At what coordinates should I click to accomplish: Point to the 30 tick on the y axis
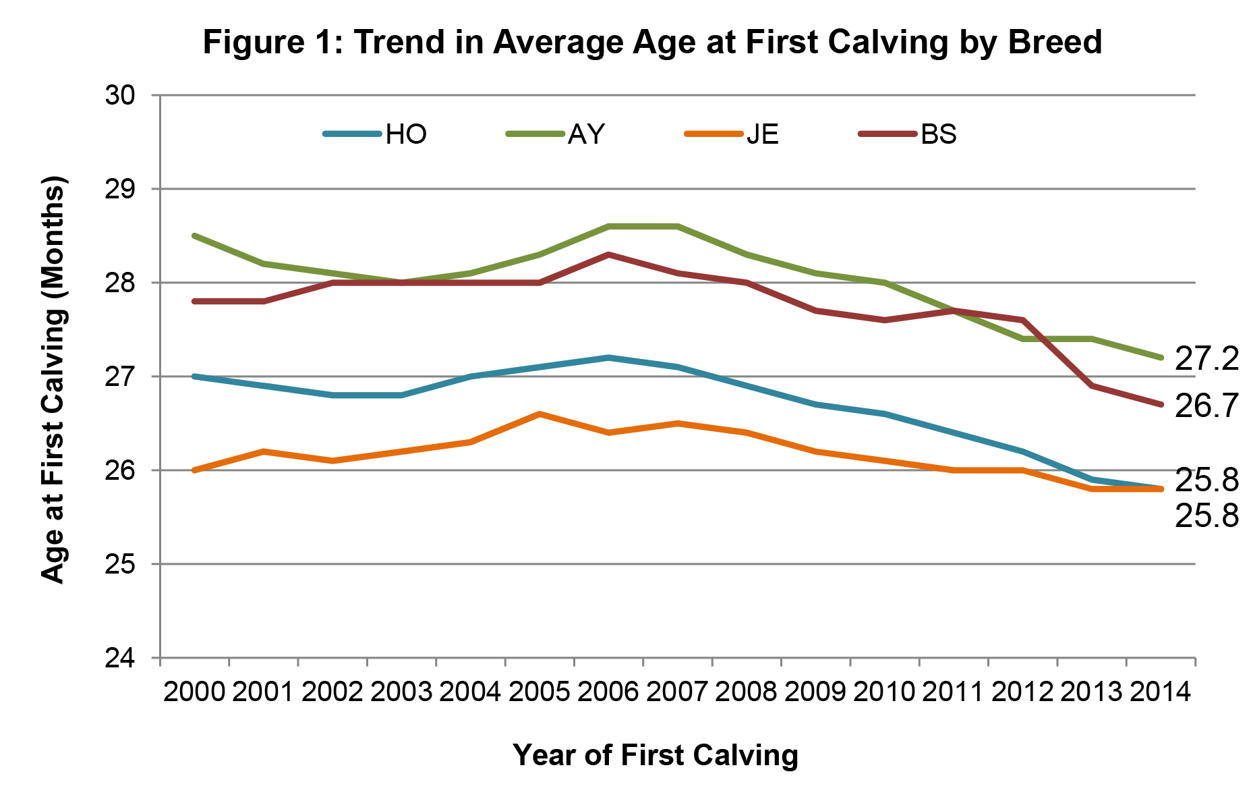120,95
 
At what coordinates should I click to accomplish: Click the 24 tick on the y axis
120,658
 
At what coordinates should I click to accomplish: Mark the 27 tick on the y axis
120,377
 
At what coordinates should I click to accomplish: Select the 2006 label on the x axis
608,692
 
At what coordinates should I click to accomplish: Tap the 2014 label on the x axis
1160,692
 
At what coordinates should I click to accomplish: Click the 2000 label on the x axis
194,692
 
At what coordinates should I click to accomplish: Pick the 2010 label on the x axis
884,692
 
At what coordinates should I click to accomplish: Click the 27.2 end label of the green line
1207,359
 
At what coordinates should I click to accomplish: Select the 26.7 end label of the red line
1207,406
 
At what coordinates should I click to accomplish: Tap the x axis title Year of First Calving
656,754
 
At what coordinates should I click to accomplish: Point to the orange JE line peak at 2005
540,414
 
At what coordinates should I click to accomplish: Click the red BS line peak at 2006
608,254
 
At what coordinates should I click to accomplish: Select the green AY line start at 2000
194,236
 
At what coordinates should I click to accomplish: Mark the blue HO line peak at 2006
608,358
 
